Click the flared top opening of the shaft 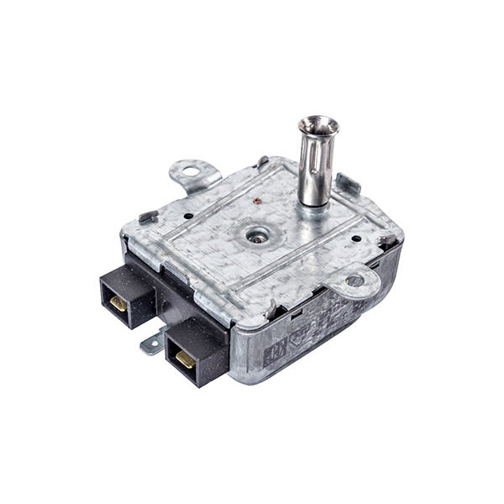coord(318,127)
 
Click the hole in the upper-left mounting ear coord(191,172)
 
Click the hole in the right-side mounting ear coord(354,280)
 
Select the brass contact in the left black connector coord(118,302)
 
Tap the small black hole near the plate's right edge coord(357,238)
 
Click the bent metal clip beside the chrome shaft coord(346,184)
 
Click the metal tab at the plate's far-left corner coord(147,216)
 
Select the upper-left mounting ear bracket coord(194,175)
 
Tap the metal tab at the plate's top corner coord(263,160)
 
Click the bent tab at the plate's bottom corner coord(270,312)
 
